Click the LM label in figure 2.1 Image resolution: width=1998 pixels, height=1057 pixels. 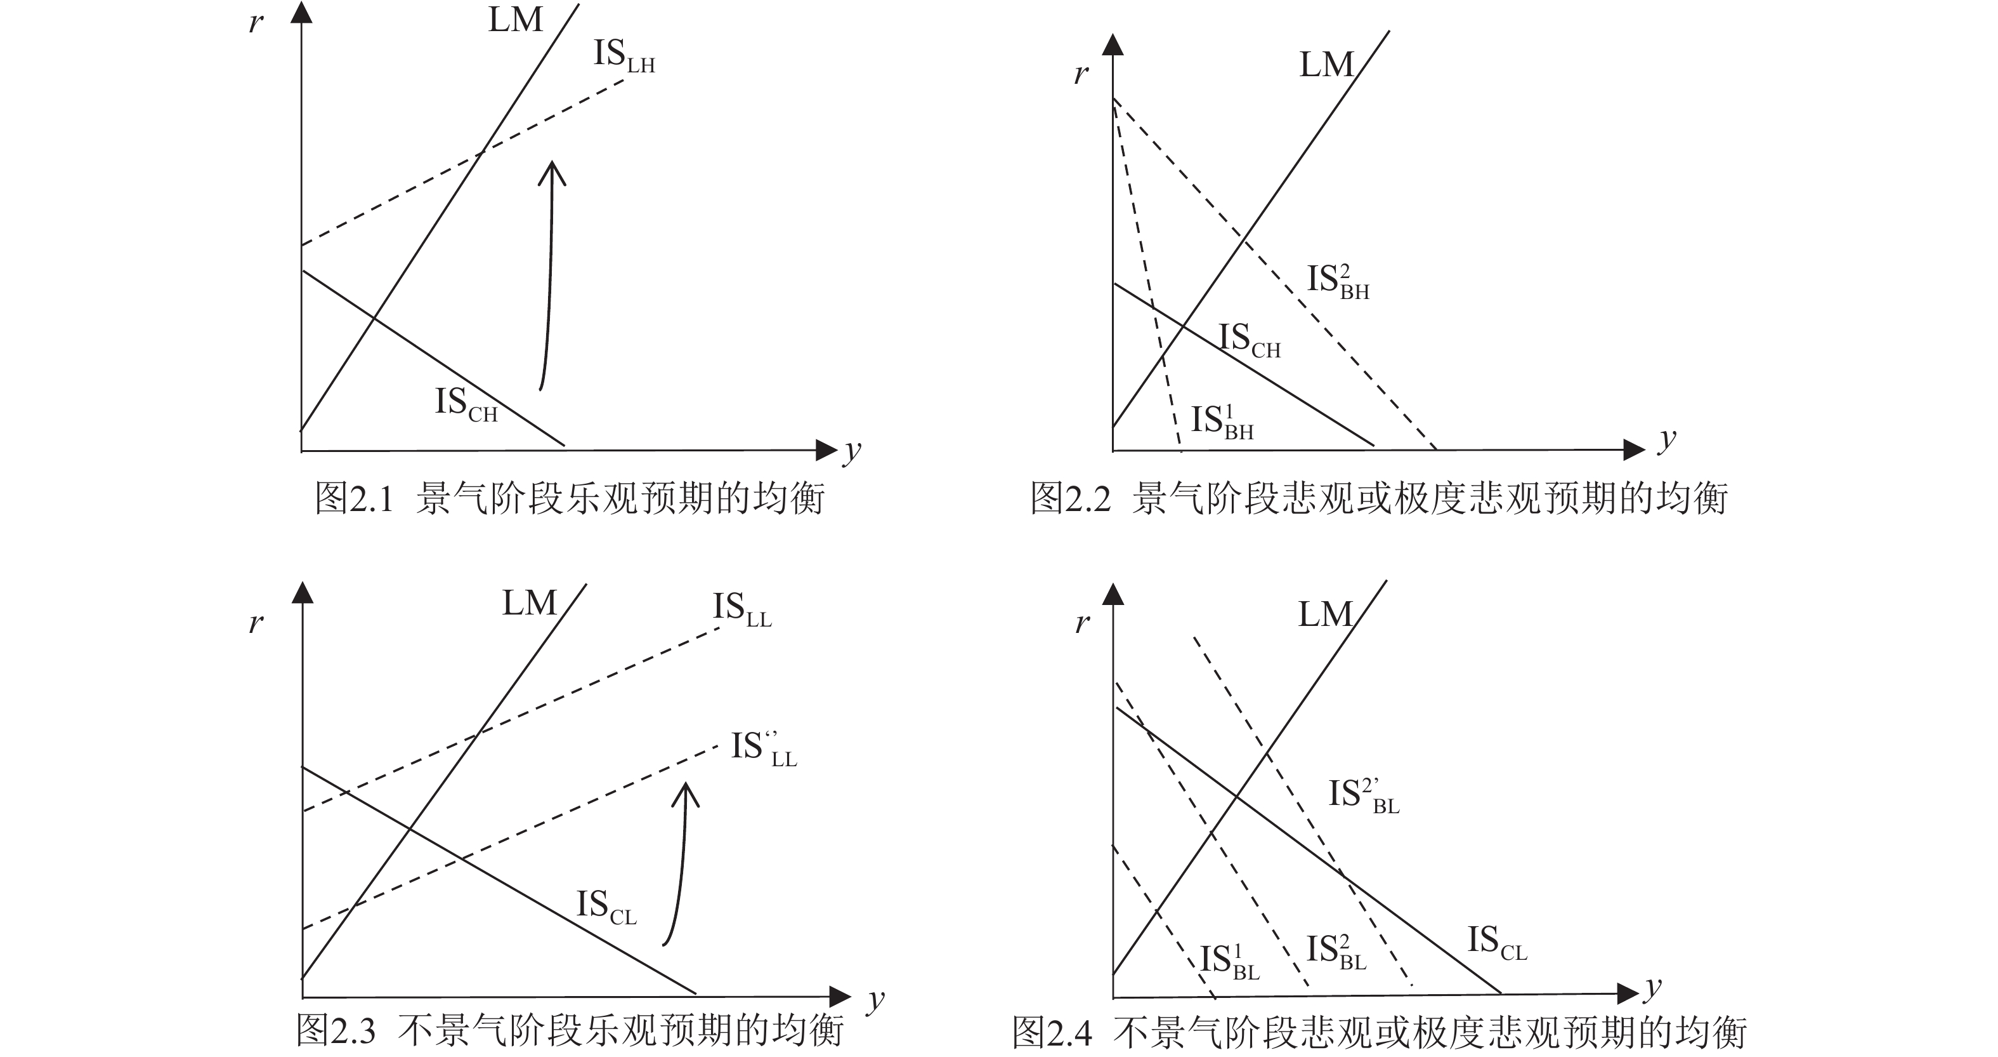515,20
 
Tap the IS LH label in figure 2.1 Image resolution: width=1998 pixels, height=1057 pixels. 624,57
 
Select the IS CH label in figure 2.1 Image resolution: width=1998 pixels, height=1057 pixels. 466,405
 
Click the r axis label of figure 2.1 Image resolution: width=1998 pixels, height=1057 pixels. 255,23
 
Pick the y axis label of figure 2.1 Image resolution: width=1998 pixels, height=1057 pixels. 852,451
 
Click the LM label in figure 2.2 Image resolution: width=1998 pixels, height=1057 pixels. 1326,65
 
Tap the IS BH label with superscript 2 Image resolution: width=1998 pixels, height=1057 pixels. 1338,281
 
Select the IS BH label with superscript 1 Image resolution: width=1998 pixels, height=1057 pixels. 1222,422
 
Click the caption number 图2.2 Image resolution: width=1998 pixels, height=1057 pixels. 1071,498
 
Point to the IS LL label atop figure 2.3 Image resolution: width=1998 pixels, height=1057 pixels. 741,610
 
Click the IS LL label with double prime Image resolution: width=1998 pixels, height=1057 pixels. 763,750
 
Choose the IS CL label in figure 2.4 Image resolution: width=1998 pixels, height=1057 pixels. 1496,943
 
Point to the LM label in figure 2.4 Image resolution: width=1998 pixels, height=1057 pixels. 1325,615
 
